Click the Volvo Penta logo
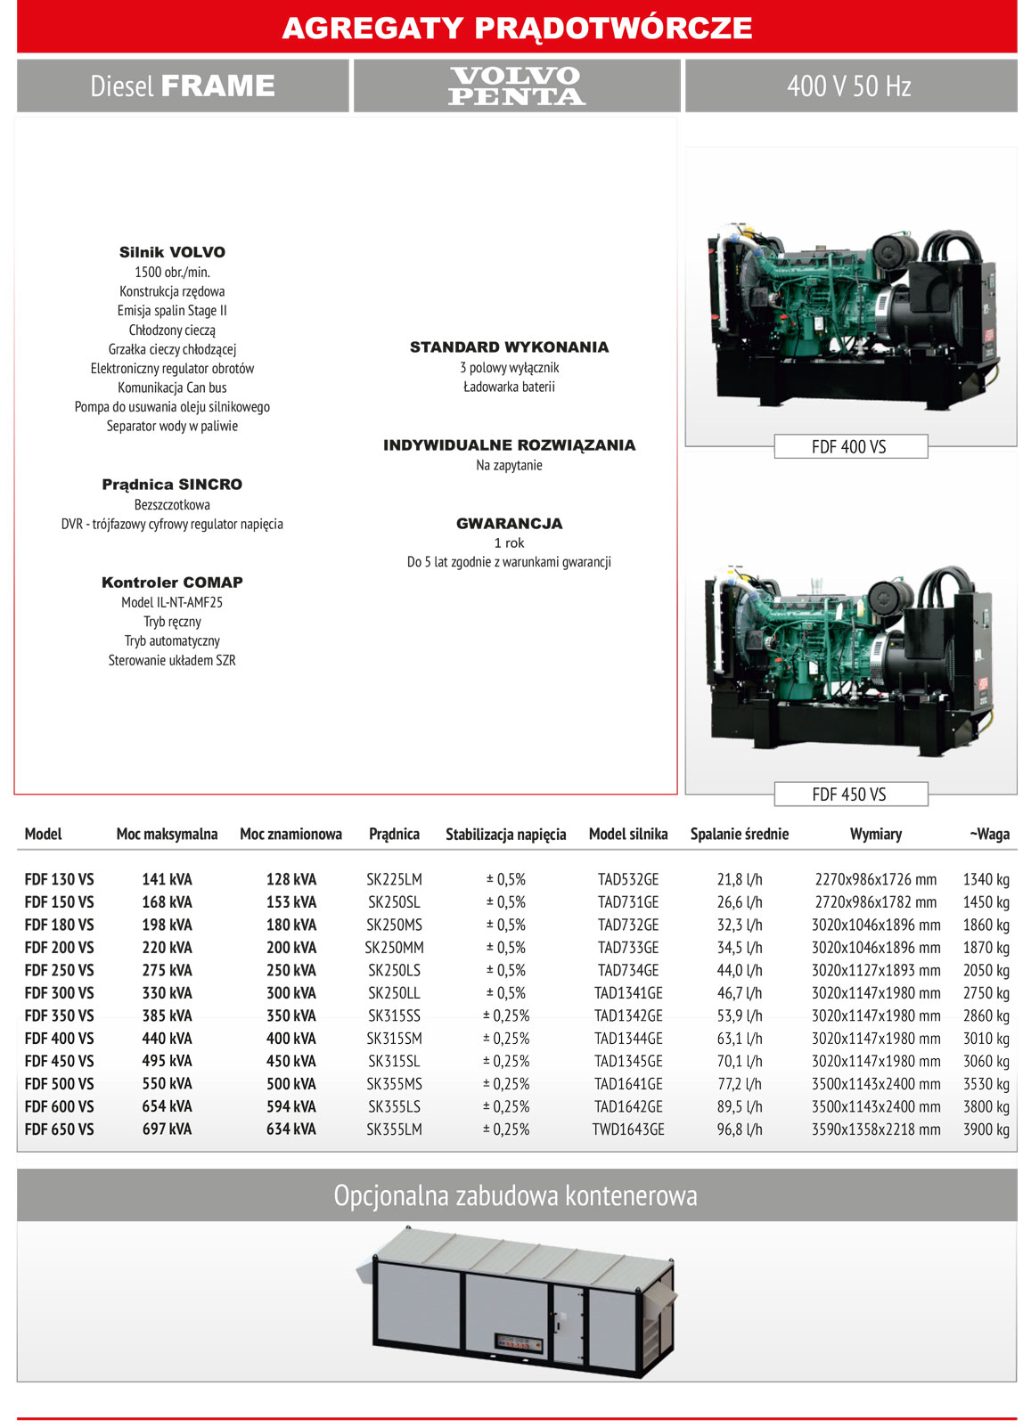click(x=517, y=86)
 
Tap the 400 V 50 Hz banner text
click(x=849, y=86)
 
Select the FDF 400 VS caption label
click(x=849, y=447)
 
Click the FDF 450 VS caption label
click(x=849, y=795)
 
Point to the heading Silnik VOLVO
click(x=172, y=253)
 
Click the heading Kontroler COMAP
click(x=172, y=583)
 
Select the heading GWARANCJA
click(x=509, y=524)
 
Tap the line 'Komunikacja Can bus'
click(x=172, y=387)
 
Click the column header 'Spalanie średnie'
click(x=739, y=835)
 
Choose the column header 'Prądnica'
click(x=394, y=835)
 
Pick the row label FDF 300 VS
click(x=59, y=993)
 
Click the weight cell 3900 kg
click(x=986, y=1129)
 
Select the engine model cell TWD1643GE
click(x=628, y=1129)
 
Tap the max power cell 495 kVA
click(x=167, y=1061)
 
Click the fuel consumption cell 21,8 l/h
click(x=740, y=880)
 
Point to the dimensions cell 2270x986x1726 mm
click(x=875, y=880)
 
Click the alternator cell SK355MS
click(x=394, y=1084)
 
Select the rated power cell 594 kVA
click(x=290, y=1106)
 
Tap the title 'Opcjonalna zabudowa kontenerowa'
click(x=515, y=1195)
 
